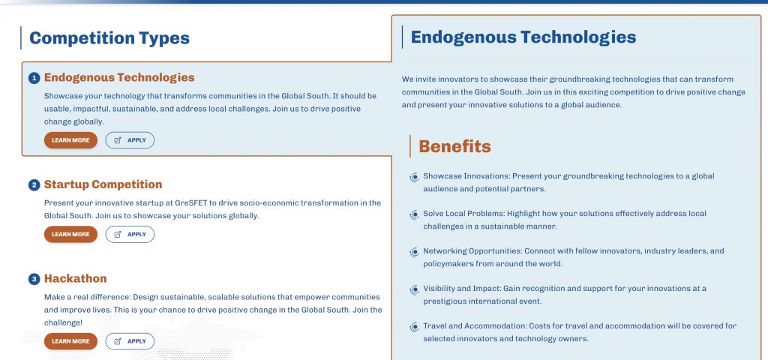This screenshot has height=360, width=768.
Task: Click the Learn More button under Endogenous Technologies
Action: click(x=70, y=140)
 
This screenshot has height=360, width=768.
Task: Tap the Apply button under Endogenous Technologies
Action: click(x=130, y=140)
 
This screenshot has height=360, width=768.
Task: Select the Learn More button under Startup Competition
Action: click(x=70, y=234)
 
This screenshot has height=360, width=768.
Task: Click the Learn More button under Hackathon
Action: click(x=70, y=341)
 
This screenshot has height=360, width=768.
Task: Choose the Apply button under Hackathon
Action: click(x=130, y=341)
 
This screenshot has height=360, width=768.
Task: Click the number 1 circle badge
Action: click(x=34, y=78)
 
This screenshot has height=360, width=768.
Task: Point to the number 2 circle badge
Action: click(x=34, y=185)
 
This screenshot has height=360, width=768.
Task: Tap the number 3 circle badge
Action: click(x=34, y=279)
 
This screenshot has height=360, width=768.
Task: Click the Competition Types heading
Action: click(x=109, y=38)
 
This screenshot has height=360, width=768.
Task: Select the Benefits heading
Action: click(x=454, y=146)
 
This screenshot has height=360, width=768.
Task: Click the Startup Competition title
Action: click(x=103, y=184)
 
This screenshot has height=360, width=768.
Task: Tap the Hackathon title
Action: click(x=76, y=279)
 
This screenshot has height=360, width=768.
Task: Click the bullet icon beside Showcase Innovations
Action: click(x=414, y=177)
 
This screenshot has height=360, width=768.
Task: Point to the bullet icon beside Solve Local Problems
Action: click(x=414, y=214)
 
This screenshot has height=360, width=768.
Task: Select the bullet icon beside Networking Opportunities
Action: click(x=414, y=252)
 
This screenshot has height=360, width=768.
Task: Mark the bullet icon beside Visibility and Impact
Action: click(x=414, y=289)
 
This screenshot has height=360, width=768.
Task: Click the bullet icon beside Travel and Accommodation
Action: click(x=414, y=327)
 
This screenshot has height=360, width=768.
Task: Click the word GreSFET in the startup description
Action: click(x=189, y=202)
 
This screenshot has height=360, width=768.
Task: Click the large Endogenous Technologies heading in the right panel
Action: click(x=523, y=37)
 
